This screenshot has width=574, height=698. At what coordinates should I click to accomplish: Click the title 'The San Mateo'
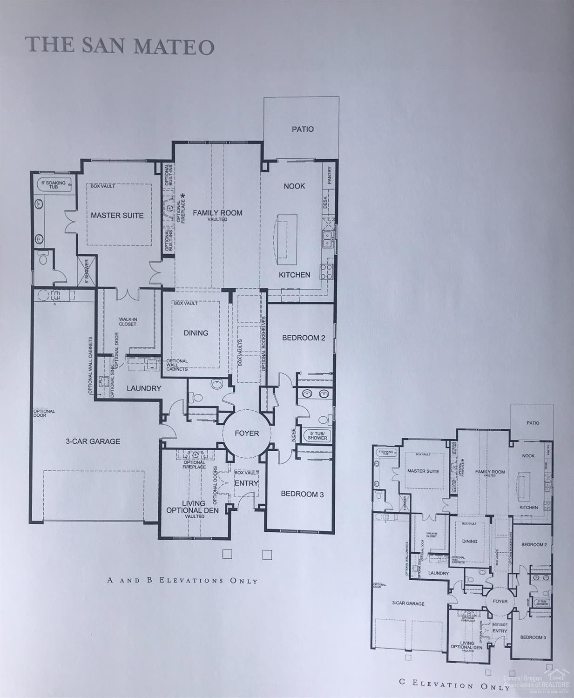coord(120,46)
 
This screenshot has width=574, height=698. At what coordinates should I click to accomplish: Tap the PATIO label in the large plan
coord(303,129)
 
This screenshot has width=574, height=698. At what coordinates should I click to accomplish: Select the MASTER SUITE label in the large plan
coord(117,215)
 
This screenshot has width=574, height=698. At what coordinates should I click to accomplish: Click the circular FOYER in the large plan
coord(246,434)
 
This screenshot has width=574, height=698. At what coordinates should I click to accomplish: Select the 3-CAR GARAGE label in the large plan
coord(93,441)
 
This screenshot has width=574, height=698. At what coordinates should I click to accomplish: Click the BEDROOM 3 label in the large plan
coord(302,494)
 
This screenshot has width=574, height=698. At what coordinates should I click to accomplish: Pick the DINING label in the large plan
coord(196,333)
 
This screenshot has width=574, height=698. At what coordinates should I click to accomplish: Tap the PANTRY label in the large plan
coord(330,176)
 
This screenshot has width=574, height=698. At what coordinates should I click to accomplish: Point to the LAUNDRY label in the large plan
coord(144,388)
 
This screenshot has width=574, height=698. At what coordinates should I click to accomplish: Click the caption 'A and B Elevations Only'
coord(182,580)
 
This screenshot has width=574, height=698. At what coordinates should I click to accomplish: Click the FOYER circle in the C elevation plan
coord(500,601)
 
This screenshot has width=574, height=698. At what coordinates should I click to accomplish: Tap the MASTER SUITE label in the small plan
coord(423,471)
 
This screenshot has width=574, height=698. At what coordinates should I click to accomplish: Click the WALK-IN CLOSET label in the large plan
coord(127,321)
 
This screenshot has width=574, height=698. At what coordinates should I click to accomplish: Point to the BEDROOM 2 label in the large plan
coord(304,338)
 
